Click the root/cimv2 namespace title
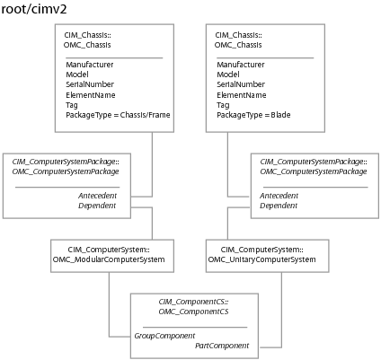pyautogui.click(x=34, y=9)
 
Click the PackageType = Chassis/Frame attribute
pyautogui.click(x=118, y=115)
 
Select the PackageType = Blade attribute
pyautogui.click(x=253, y=115)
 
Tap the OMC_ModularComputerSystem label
pyautogui.click(x=109, y=259)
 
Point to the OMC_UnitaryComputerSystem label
pyautogui.click(x=261, y=259)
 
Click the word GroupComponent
pyautogui.click(x=164, y=336)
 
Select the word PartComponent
pyautogui.click(x=222, y=346)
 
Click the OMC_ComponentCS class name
pyautogui.click(x=193, y=312)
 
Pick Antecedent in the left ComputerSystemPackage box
pyautogui.click(x=97, y=196)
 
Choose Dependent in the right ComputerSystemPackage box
pyautogui.click(x=279, y=206)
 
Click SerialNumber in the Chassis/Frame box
pyautogui.click(x=90, y=84)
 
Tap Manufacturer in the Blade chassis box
pyautogui.click(x=241, y=65)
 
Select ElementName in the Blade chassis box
pyautogui.click(x=242, y=95)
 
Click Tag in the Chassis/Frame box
pyautogui.click(x=72, y=105)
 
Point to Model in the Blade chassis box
pyautogui.click(x=228, y=75)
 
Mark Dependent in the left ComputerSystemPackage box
pyautogui.click(x=97, y=206)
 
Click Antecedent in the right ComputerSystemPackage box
pyautogui.click(x=279, y=196)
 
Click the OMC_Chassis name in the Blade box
pyautogui.click(x=238, y=45)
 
